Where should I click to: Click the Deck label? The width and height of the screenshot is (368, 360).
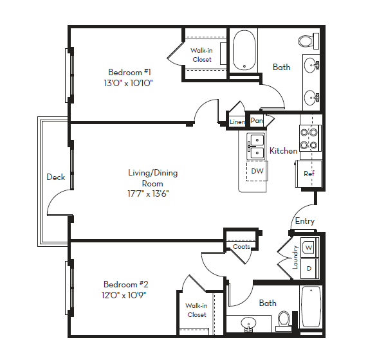point(55,177)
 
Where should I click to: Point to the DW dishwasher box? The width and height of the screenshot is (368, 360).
point(257,171)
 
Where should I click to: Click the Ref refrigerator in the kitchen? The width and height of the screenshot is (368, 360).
point(309,174)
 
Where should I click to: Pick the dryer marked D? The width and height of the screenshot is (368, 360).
point(309,267)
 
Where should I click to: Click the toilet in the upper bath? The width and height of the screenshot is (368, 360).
point(306,41)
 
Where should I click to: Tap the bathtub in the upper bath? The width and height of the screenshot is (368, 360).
point(243,50)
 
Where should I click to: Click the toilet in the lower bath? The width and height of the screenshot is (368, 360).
point(283,319)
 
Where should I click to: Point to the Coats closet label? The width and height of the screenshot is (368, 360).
point(241,247)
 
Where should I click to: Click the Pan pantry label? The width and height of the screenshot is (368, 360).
point(257,121)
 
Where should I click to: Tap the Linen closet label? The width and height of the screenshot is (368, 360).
point(237,122)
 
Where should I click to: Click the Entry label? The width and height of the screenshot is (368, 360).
point(304,221)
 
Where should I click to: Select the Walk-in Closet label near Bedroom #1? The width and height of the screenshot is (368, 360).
point(201,55)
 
